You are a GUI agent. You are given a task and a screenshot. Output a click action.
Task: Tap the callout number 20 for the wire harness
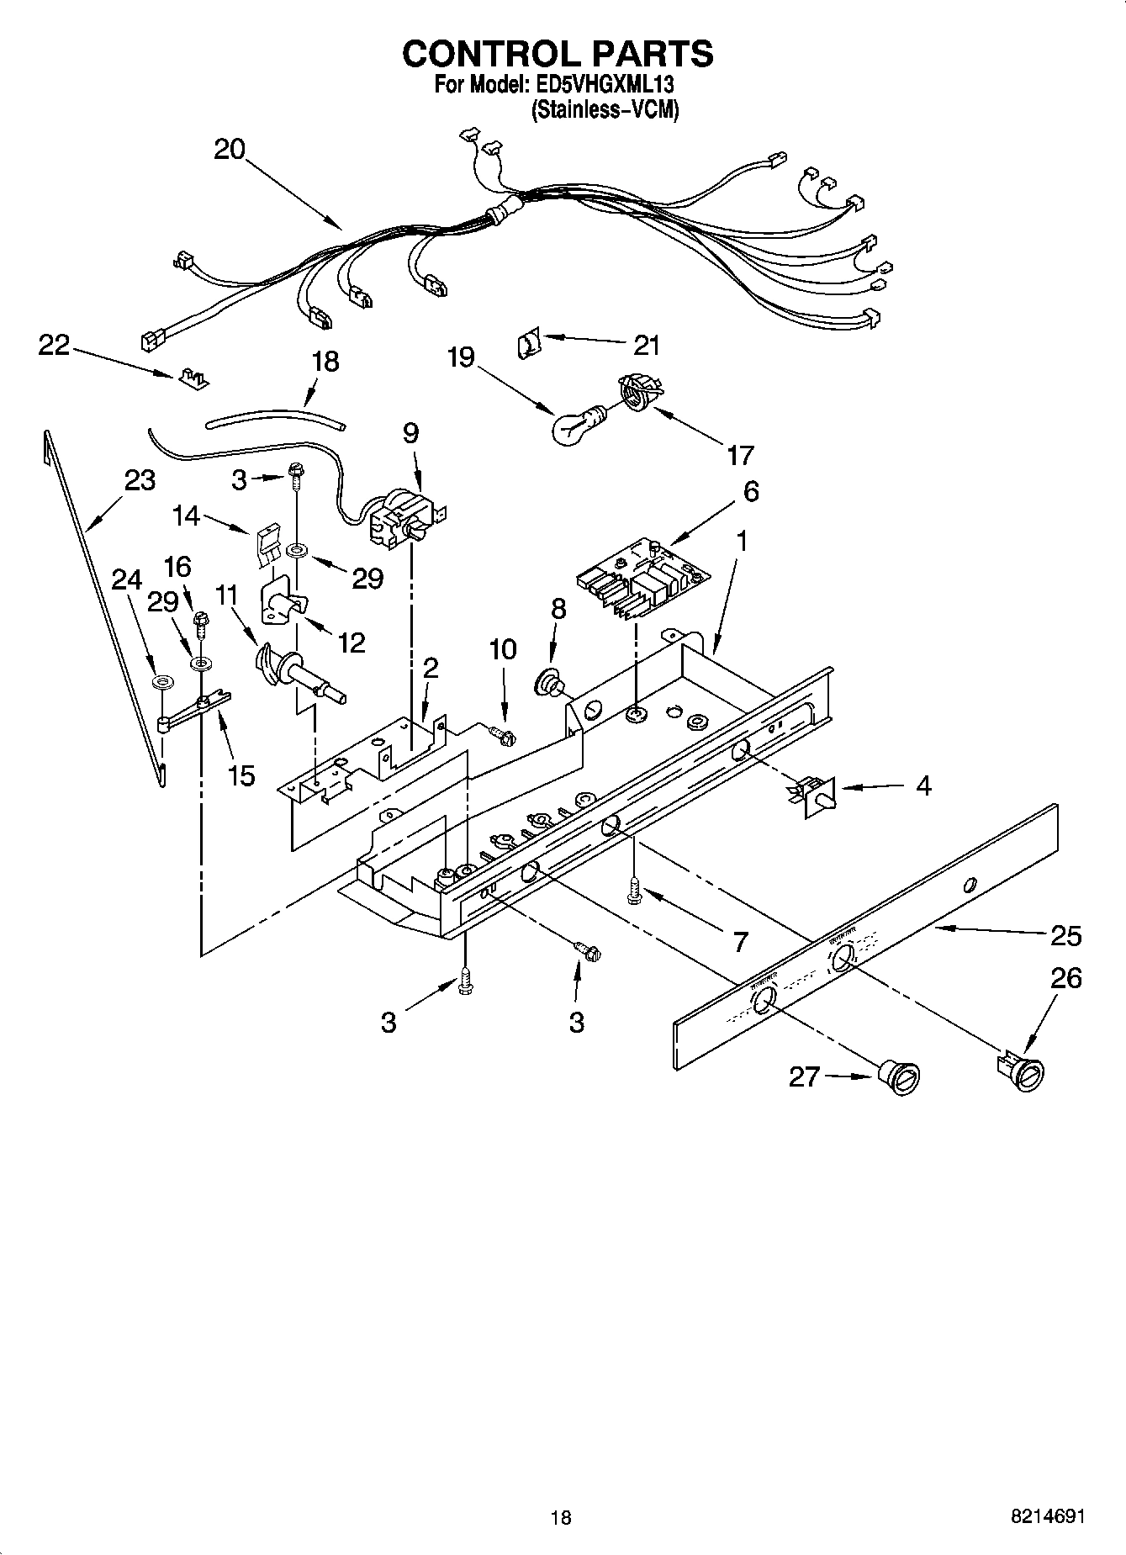(x=229, y=150)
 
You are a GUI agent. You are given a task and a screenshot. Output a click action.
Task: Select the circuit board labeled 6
(x=642, y=576)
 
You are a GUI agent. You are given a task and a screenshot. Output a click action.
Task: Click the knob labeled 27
(x=899, y=1077)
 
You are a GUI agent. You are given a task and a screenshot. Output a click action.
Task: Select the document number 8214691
(x=1047, y=1517)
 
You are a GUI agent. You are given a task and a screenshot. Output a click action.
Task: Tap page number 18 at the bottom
(x=560, y=1517)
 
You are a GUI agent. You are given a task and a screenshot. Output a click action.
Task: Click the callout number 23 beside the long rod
(x=140, y=480)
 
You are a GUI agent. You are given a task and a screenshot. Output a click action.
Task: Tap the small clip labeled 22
(x=193, y=379)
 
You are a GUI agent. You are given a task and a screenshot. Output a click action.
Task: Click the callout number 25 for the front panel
(x=1065, y=935)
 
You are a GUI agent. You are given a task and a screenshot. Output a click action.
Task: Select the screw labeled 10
(x=504, y=735)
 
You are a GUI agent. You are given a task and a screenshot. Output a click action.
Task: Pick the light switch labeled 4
(x=815, y=793)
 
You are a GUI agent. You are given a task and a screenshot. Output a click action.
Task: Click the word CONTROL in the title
(x=484, y=54)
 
